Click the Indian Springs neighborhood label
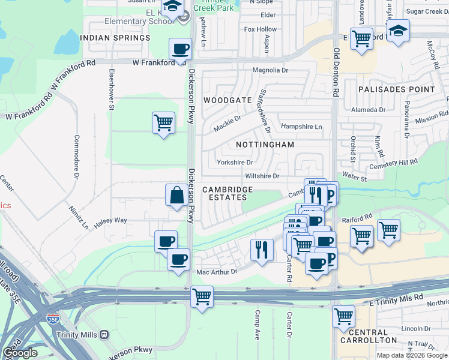point(115,38)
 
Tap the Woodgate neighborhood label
point(228,100)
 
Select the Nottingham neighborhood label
point(265,145)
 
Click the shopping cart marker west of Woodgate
point(163,123)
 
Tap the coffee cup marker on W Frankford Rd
point(181,49)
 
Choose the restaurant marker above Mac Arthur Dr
point(261,249)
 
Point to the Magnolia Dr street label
point(270,70)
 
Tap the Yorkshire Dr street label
point(235,162)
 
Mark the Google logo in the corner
point(20,353)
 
